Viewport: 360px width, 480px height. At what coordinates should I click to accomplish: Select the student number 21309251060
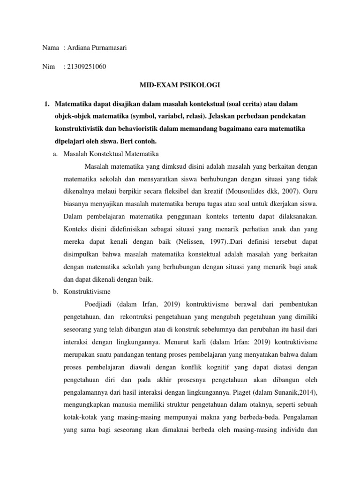pyautogui.click(x=87, y=67)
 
